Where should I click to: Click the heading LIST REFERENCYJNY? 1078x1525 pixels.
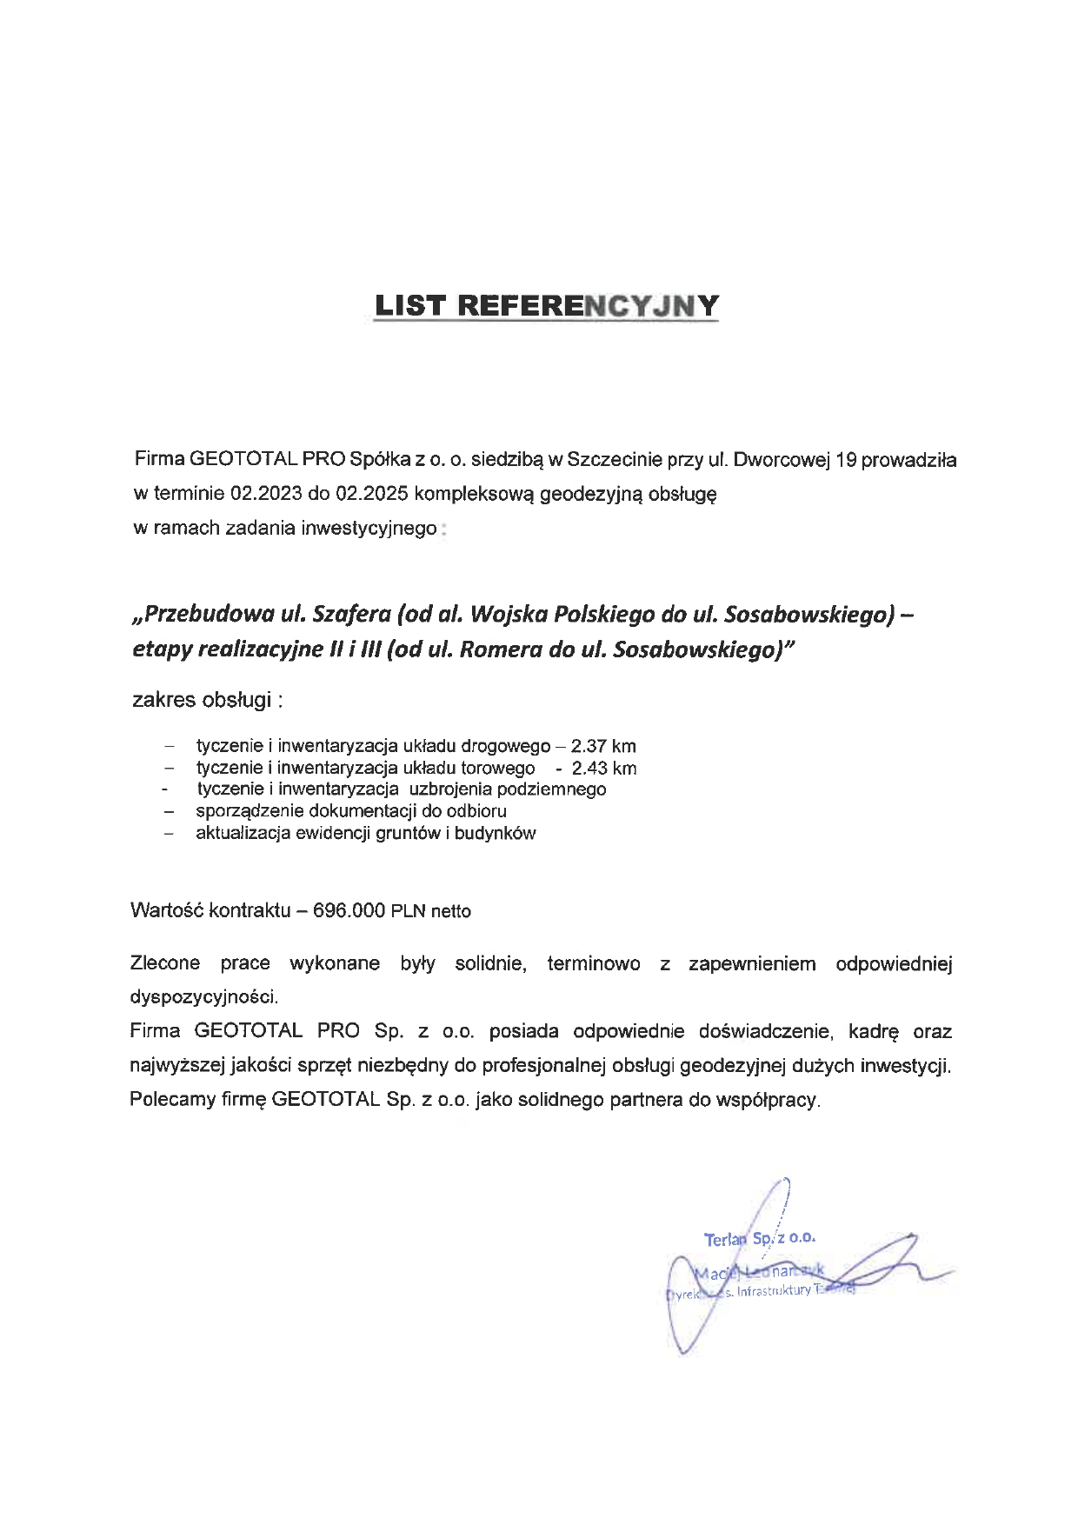[547, 306]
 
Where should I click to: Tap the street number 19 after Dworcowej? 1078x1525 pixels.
[846, 460]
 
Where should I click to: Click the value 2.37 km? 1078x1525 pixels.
[603, 746]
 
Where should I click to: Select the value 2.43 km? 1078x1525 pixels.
[604, 769]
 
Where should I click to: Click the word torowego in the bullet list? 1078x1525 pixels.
[498, 769]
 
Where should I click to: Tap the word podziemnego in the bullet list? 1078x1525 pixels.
[552, 789]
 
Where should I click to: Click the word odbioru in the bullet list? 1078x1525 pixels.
[476, 811]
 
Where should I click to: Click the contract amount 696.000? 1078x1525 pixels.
[349, 910]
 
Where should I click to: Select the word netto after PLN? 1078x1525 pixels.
[450, 911]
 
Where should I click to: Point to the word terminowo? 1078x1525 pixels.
[594, 963]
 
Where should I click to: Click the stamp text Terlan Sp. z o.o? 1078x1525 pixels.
[760, 1238]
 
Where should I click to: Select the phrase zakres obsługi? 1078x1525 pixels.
[207, 700]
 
